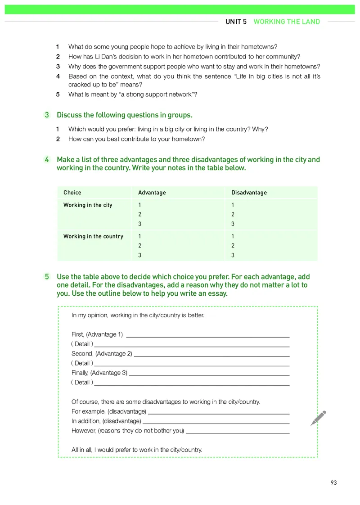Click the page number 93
[333, 482]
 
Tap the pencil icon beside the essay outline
[318, 418]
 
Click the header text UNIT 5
[236, 22]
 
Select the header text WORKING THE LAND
[287, 22]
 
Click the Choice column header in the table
[72, 193]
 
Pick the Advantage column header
[152, 193]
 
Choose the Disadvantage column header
[249, 193]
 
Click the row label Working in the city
[88, 205]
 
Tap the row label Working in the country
[93, 236]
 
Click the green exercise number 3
[47, 115]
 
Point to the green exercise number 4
[47, 160]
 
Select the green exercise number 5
[47, 277]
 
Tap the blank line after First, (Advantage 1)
[208, 336]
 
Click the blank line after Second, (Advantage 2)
[211, 355]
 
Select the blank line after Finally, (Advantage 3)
[209, 374]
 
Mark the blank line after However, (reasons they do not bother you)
[238, 432]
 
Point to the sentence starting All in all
[137, 450]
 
